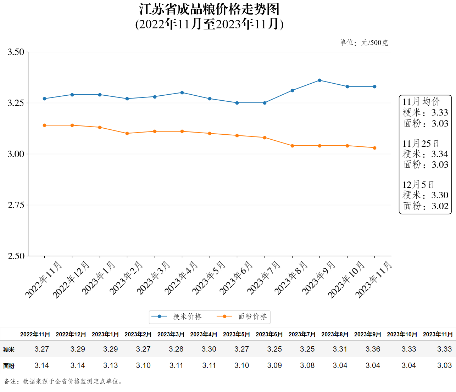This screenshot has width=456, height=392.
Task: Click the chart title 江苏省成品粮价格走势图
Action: (209, 10)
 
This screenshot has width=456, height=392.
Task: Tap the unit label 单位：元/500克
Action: (363, 43)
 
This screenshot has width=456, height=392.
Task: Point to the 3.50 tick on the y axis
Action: (16, 52)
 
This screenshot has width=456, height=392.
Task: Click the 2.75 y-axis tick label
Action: (16, 205)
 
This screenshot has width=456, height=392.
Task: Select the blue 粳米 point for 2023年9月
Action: (319, 80)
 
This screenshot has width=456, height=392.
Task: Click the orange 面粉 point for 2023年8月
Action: (292, 146)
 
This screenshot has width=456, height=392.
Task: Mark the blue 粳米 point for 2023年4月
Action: (182, 93)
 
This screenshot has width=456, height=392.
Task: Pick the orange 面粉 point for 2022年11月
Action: (44, 125)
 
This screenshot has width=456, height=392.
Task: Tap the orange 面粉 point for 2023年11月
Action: (374, 148)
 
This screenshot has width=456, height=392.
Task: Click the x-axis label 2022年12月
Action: (71, 279)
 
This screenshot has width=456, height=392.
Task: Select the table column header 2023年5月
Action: (236, 334)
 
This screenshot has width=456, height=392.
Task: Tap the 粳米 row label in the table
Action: (9, 350)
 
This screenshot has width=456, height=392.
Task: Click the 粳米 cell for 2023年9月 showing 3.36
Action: (373, 349)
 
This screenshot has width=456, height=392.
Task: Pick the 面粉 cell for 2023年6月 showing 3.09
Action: (274, 365)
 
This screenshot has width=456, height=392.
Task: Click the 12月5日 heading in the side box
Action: (418, 185)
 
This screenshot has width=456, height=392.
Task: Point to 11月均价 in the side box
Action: (421, 102)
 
